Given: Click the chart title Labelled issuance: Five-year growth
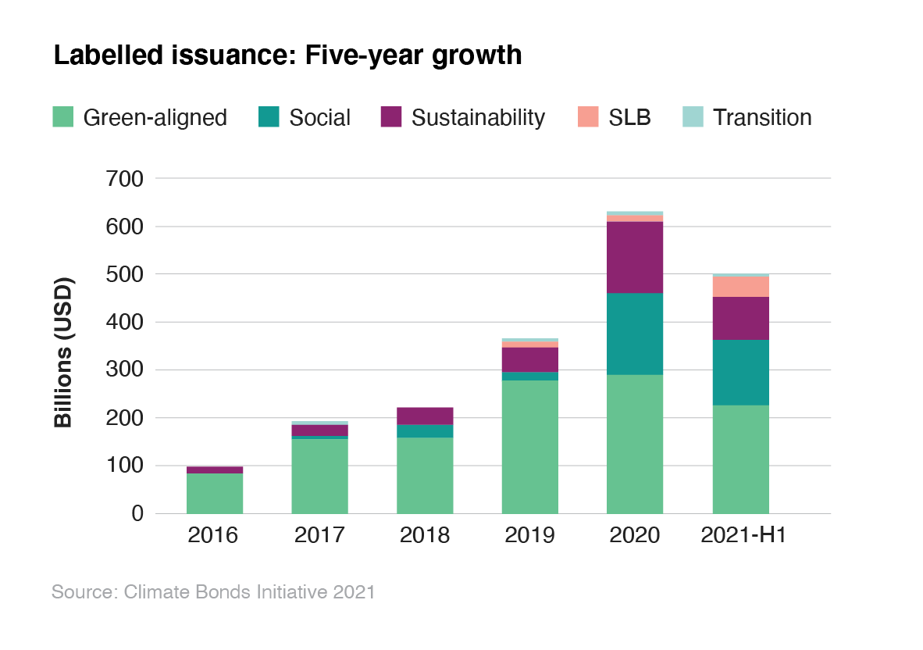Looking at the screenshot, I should (287, 55).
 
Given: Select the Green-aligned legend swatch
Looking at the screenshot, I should (62, 117).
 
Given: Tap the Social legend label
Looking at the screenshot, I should (319, 117).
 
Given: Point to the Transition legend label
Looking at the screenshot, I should (762, 117).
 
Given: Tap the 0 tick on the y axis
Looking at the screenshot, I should (137, 513).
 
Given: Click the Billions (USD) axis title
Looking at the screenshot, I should (63, 352).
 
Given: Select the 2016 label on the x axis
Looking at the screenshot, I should (214, 536).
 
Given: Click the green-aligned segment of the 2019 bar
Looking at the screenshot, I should (529, 445).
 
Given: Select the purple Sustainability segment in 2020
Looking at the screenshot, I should (635, 257).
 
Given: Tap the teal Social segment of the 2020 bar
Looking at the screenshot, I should (635, 334).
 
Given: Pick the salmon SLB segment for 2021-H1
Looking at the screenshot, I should (740, 287).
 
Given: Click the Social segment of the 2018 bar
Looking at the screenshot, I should (425, 430).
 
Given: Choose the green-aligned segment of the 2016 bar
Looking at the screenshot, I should (214, 493).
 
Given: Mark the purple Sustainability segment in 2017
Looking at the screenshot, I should (319, 430).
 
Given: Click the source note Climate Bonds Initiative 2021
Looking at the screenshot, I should (213, 591).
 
